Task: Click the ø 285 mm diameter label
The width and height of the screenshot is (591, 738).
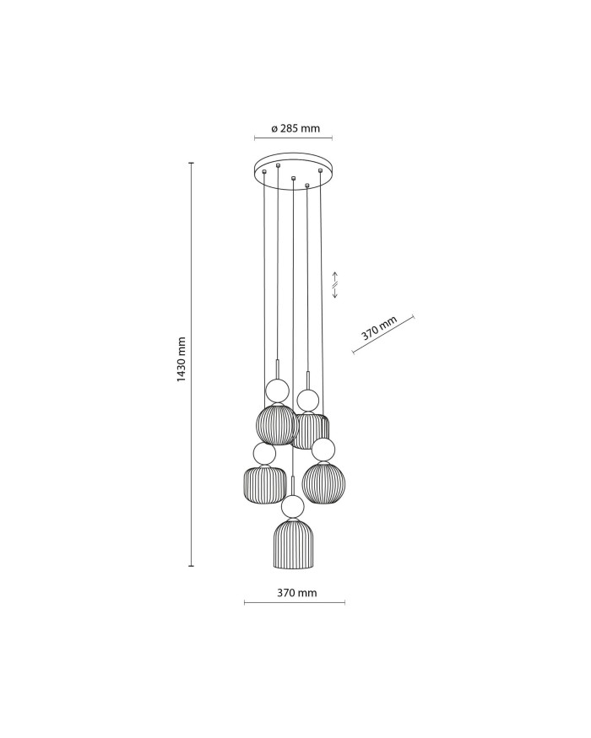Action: pos(295,129)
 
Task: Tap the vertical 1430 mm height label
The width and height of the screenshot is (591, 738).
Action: pos(182,360)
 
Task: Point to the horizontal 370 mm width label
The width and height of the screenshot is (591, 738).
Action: pos(296,593)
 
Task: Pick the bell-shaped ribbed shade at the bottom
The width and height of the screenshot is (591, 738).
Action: pos(294,545)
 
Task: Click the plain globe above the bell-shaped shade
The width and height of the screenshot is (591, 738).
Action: pos(293,506)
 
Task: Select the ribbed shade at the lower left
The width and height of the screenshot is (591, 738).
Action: pos(262,484)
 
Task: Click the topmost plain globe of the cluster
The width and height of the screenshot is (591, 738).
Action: pos(277,391)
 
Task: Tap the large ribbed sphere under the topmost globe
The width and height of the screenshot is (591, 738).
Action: pos(277,424)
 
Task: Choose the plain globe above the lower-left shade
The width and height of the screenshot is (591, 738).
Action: pos(264,455)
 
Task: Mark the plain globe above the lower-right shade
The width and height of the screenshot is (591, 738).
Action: pos(323,450)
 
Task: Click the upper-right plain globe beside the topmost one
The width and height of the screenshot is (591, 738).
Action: pos(307,399)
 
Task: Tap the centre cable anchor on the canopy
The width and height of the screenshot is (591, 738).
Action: pos(293,179)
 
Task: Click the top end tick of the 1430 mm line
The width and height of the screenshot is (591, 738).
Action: pos(191,163)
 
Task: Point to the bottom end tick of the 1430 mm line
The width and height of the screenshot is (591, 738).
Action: pos(191,565)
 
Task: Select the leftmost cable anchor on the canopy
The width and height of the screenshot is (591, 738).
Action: pos(265,172)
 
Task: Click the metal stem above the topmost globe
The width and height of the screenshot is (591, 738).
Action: pos(277,369)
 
